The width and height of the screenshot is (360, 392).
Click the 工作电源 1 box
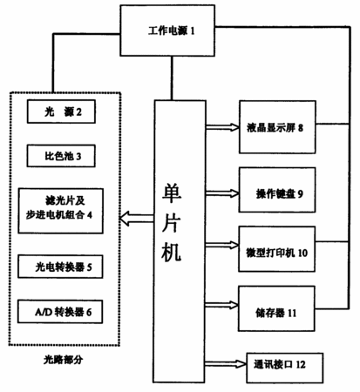click(x=167, y=30)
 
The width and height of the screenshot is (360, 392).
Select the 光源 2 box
click(x=61, y=112)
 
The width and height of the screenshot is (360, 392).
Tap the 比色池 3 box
click(x=61, y=156)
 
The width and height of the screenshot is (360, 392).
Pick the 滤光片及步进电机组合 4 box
click(x=60, y=211)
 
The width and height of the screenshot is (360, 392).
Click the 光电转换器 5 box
click(x=60, y=267)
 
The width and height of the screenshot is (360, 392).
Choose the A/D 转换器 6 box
click(x=60, y=312)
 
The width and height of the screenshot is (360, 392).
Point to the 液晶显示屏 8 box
click(x=277, y=127)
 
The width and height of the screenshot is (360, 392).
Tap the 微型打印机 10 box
click(x=276, y=249)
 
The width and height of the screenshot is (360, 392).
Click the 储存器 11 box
click(x=276, y=308)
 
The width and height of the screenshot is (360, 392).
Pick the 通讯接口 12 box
click(x=285, y=368)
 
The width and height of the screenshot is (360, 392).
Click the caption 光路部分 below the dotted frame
click(x=64, y=360)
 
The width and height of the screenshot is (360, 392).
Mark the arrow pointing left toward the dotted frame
click(x=136, y=219)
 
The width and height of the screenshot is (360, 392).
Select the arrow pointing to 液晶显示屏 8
click(x=222, y=127)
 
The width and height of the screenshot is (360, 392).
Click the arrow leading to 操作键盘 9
click(x=222, y=193)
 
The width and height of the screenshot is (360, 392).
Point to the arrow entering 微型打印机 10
click(x=222, y=245)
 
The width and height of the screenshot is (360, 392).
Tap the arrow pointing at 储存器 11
click(x=221, y=305)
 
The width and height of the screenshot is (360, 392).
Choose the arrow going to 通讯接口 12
click(x=226, y=364)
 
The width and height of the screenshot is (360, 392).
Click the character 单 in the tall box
click(x=172, y=193)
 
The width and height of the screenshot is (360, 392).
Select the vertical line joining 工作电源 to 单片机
click(x=172, y=78)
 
